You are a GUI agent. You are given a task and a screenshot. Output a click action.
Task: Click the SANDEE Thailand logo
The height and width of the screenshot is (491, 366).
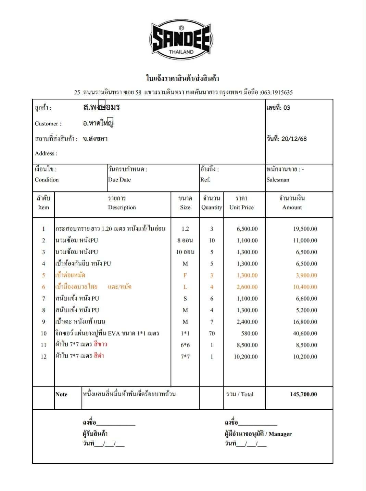point(181,40)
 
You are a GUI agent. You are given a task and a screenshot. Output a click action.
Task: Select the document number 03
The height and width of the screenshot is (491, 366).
point(287,108)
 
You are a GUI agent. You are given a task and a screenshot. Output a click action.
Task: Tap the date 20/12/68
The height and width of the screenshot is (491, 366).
point(294,139)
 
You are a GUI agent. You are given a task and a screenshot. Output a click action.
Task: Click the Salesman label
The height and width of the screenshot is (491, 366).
point(278,180)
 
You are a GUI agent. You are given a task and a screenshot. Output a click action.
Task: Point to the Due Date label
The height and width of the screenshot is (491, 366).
point(119,180)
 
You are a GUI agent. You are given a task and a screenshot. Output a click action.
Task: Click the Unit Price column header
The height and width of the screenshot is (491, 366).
point(241,207)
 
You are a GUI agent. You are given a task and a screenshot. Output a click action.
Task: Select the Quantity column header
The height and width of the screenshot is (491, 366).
point(211,207)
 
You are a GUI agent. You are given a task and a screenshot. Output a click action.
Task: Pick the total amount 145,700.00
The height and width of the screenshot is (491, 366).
point(303,394)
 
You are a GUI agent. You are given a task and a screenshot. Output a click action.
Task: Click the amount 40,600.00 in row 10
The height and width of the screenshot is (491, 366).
point(305,333)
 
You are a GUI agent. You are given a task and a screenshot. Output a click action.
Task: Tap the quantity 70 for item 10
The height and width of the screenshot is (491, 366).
point(212,333)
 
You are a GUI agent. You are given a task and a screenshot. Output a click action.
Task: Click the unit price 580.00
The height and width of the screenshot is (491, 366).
point(249,333)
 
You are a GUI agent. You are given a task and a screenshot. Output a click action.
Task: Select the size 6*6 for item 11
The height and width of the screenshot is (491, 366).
point(185,345)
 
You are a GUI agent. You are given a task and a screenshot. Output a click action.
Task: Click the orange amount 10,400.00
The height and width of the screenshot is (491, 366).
point(305,287)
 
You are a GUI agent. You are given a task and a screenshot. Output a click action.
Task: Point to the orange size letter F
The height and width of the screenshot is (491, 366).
point(185,275)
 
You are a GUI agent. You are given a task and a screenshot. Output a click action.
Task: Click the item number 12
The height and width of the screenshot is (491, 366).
point(43,357)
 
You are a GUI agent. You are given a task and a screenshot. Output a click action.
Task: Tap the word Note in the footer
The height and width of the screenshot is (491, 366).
point(61,394)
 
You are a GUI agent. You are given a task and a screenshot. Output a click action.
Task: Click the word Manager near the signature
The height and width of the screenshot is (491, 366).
point(280,434)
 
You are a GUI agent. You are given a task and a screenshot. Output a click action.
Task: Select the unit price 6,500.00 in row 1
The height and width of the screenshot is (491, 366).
point(247,229)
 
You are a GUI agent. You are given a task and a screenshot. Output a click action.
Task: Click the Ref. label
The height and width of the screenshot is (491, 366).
point(205,180)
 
